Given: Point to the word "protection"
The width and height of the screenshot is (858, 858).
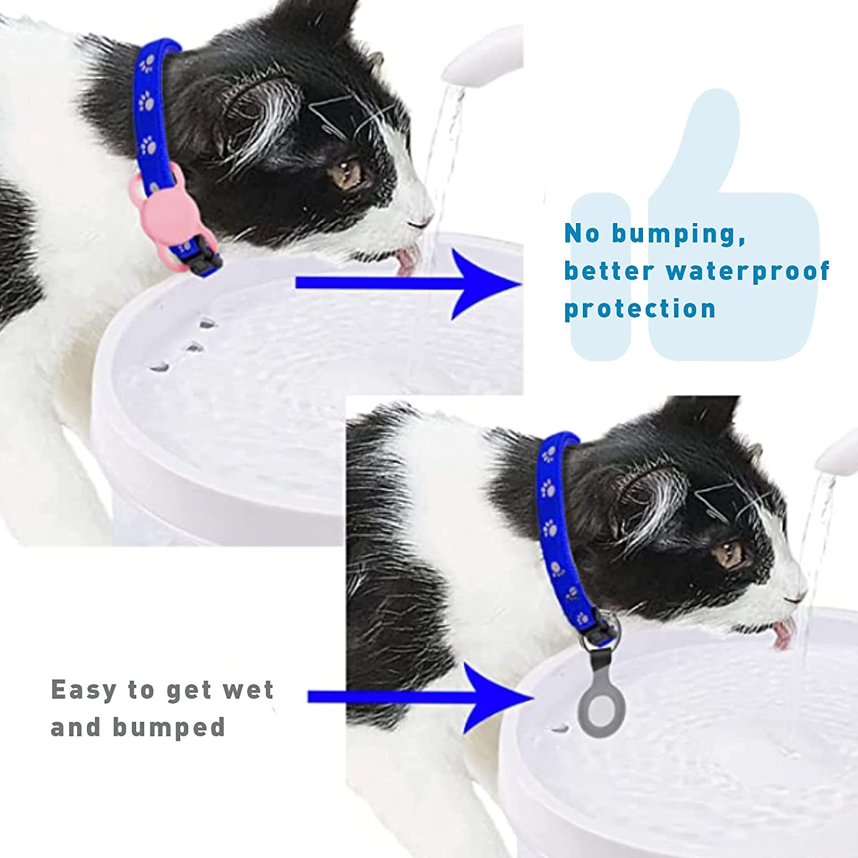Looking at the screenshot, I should pos(639,309).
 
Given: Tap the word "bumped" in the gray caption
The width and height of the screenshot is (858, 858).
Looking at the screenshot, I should pos(169,728).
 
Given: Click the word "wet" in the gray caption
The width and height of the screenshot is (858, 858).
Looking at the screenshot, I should pos(248,690).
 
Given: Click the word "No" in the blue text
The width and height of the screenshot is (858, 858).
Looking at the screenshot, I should pos(582,235).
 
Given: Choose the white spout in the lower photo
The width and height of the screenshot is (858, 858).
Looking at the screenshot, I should pos(839,452).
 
